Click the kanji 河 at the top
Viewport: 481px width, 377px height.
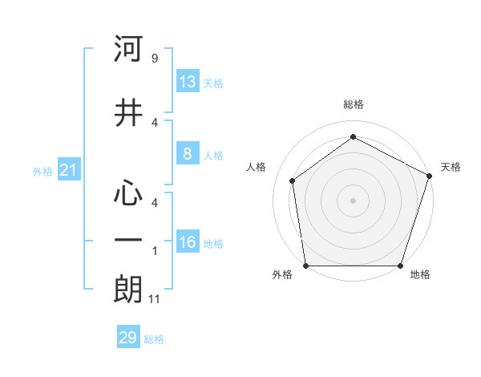[128, 51]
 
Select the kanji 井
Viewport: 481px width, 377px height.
[128, 113]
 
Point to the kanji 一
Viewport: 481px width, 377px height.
[128, 240]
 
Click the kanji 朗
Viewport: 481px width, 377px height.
[128, 290]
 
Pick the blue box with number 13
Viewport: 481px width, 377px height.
[188, 82]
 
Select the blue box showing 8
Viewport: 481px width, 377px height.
[188, 154]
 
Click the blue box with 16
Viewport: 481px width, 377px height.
[188, 242]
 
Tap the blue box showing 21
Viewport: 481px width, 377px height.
[69, 170]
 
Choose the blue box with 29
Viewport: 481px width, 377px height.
[128, 338]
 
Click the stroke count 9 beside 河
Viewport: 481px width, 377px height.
[154, 59]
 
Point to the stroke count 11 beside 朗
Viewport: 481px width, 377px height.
[156, 299]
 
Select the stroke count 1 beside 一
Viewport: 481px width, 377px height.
[155, 251]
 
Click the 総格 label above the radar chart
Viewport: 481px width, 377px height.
[353, 104]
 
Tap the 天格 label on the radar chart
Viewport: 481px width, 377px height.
[451, 167]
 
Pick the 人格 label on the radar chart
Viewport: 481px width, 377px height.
[257, 167]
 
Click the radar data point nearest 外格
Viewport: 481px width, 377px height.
[305, 266]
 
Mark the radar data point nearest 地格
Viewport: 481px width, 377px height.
[400, 266]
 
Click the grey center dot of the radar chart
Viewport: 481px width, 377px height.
[353, 200]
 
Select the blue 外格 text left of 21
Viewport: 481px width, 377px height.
[42, 171]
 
